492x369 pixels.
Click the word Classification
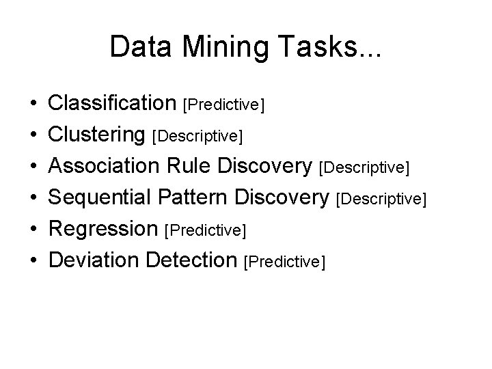pyautogui.click(x=112, y=104)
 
